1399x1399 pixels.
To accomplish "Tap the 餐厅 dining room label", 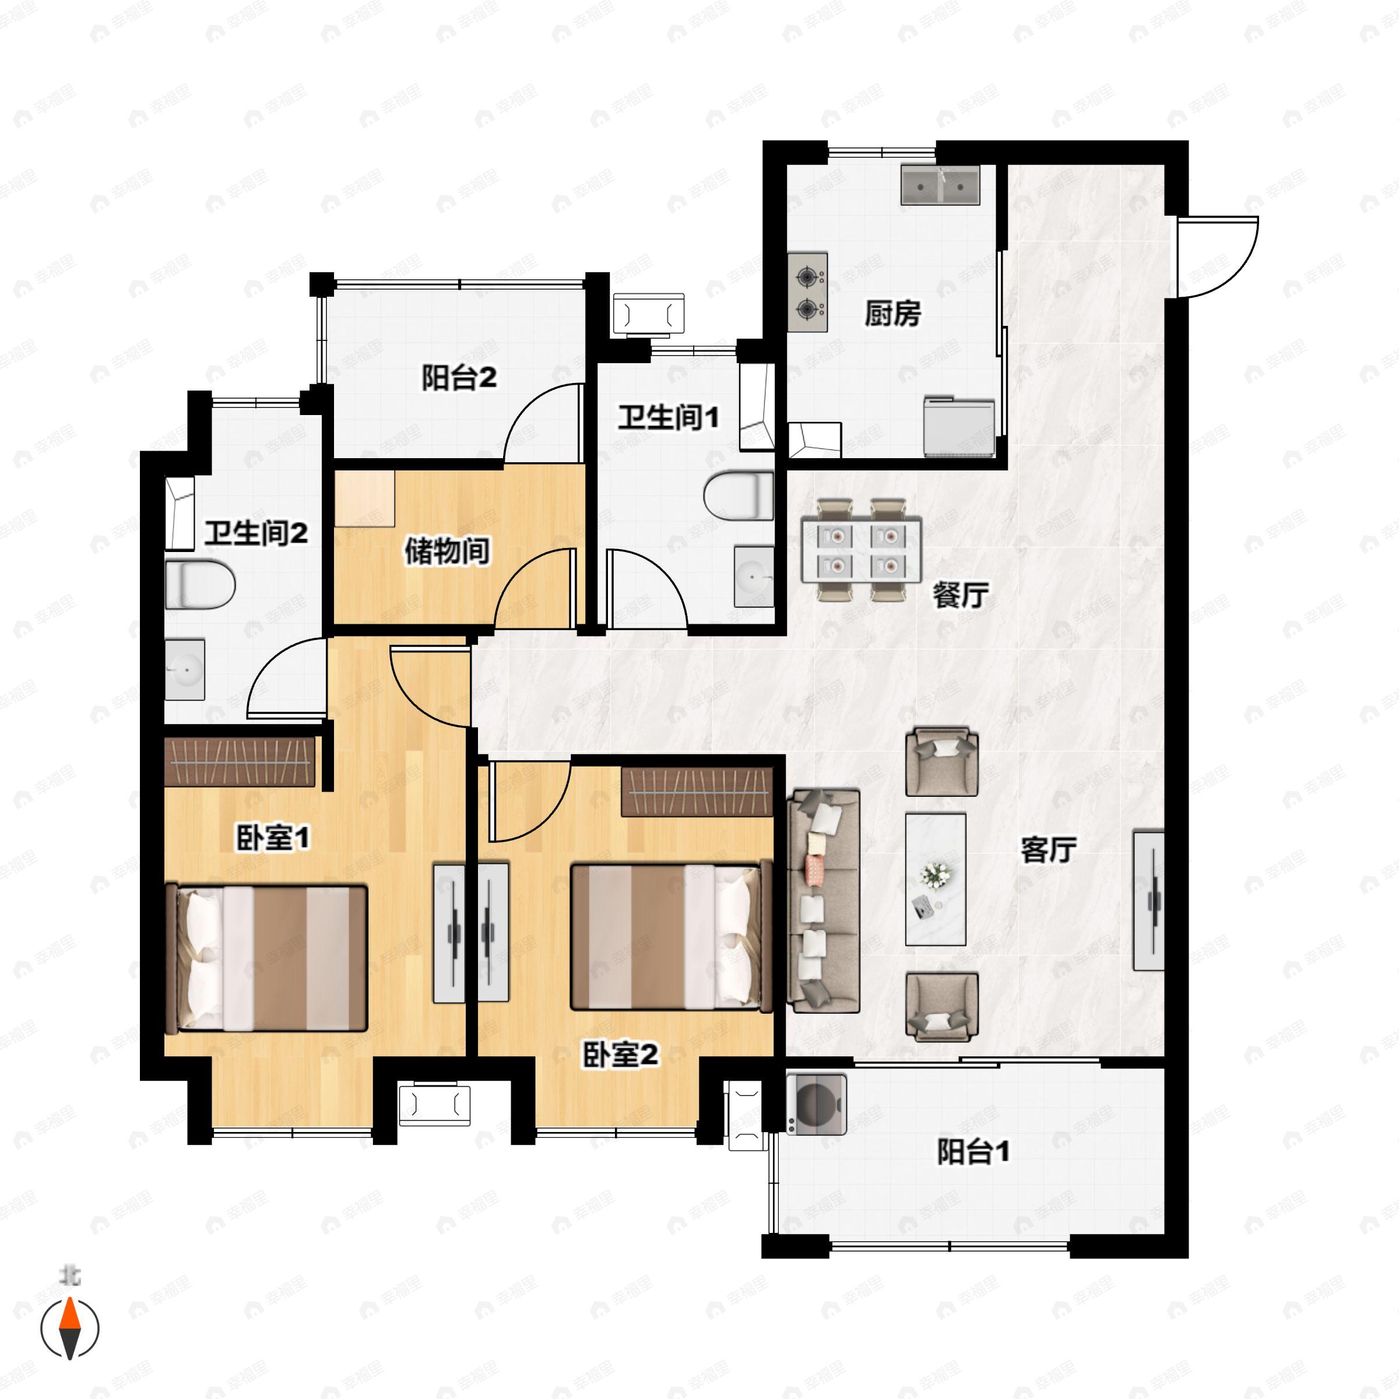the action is (x=960, y=595).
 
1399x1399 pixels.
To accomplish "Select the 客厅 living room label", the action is (x=1048, y=850).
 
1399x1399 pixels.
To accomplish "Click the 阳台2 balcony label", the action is (x=459, y=377).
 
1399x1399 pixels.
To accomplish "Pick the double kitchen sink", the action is (x=940, y=185).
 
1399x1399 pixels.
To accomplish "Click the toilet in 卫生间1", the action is (x=739, y=495).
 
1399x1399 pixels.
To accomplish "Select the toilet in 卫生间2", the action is (x=201, y=584).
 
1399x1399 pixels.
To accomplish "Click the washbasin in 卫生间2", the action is (x=185, y=669).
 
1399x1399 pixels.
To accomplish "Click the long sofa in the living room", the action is (x=823, y=901).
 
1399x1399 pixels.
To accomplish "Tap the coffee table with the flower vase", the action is (x=936, y=879).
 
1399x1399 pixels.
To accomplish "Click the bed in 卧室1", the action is (x=266, y=957).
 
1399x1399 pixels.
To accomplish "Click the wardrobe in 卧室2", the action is (x=697, y=792).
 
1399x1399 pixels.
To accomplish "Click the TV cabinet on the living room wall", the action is (x=1148, y=901).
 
